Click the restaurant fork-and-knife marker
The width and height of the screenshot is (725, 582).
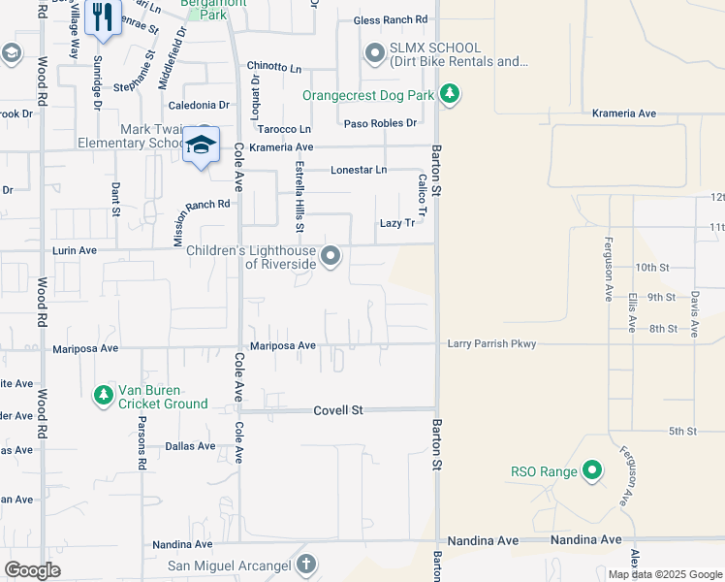click(103, 17)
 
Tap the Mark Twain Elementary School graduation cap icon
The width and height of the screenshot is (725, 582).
click(201, 145)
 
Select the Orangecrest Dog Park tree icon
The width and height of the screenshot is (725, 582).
click(449, 94)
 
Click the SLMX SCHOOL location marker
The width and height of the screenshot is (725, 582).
click(375, 53)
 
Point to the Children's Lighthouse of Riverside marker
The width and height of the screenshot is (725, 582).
click(331, 256)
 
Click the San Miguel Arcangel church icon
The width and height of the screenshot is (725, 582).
click(305, 565)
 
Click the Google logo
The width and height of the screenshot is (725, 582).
click(32, 570)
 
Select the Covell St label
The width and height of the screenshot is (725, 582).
click(337, 410)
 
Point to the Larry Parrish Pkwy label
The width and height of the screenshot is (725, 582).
click(490, 343)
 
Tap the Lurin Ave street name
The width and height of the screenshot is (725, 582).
click(74, 250)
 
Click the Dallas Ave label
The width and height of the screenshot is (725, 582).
click(190, 446)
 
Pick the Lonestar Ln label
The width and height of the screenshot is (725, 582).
click(358, 170)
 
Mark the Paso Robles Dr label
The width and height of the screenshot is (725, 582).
click(380, 123)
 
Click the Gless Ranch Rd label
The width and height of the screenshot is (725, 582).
click(391, 19)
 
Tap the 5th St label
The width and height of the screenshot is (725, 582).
click(682, 431)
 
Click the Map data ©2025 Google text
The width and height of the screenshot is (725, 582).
click(664, 574)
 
